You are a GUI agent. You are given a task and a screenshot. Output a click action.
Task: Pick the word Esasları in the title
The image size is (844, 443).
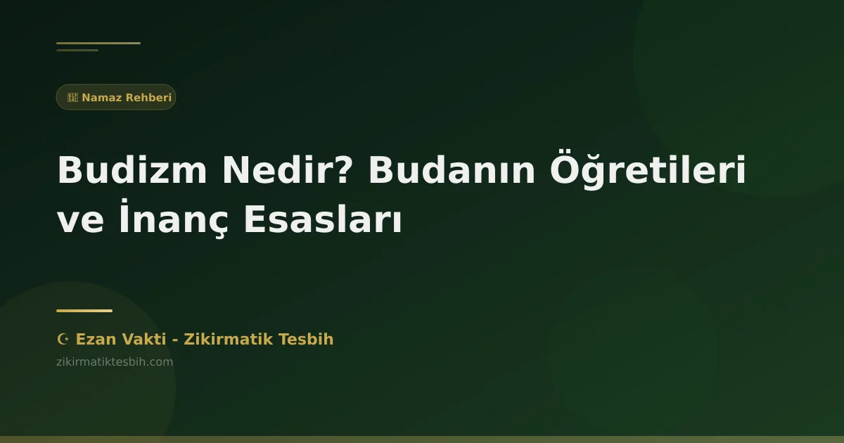(323, 220)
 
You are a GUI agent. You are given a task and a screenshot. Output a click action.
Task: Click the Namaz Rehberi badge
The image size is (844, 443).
(116, 97)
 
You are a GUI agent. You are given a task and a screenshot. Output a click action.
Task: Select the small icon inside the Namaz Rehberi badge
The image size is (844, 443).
(72, 97)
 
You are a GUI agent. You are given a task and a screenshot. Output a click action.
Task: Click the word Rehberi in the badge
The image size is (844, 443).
(148, 97)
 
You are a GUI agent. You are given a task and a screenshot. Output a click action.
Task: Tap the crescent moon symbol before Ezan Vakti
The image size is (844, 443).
(63, 340)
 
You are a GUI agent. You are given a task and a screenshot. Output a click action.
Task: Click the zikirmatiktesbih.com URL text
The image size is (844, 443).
(115, 362)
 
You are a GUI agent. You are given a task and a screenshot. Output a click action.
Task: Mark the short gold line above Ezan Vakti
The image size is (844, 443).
(84, 311)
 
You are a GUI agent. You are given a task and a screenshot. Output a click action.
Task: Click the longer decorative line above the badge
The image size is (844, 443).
(98, 43)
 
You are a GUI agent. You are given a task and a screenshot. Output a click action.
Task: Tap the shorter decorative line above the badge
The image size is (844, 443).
(77, 50)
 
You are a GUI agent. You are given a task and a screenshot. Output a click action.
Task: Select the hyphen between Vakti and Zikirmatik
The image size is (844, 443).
(174, 340)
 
